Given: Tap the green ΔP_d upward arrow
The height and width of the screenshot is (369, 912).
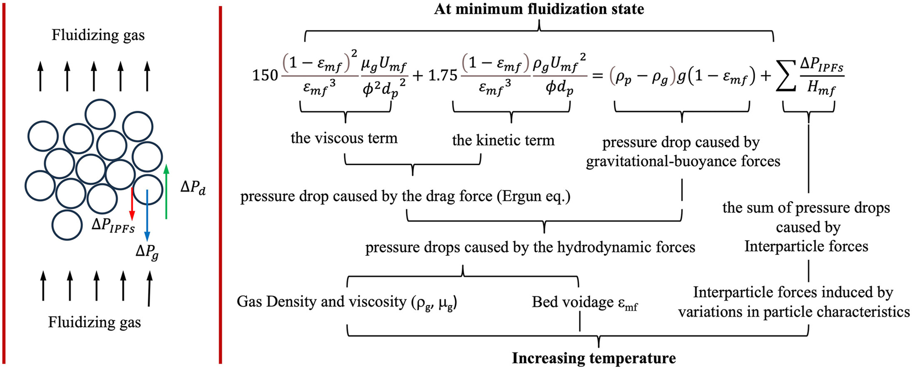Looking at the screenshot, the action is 166,192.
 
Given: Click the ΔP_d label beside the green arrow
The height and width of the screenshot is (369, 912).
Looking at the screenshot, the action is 193,188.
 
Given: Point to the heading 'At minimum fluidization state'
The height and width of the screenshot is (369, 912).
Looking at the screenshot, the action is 539,9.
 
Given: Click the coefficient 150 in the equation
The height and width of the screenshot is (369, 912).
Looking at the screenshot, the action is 265,75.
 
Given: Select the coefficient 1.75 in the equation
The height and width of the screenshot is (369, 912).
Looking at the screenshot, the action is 442,75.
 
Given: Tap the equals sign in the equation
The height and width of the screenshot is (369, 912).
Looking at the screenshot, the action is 597,76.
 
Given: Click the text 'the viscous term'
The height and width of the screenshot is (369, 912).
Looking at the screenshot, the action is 344,138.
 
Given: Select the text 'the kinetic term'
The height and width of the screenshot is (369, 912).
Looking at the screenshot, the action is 503,140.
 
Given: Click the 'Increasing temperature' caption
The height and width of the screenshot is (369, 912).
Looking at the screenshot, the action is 594,358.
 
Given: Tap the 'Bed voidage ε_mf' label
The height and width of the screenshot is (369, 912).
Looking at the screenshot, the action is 585,302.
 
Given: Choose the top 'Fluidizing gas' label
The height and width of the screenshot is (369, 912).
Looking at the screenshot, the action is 98,35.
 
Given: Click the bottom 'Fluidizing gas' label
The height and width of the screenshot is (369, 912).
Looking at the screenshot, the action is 94,322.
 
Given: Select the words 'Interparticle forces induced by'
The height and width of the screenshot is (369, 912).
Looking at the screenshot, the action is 793,292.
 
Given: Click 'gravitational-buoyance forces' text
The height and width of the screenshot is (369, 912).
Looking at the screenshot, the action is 683,161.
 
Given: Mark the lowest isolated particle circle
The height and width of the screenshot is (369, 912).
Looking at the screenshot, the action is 67,225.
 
